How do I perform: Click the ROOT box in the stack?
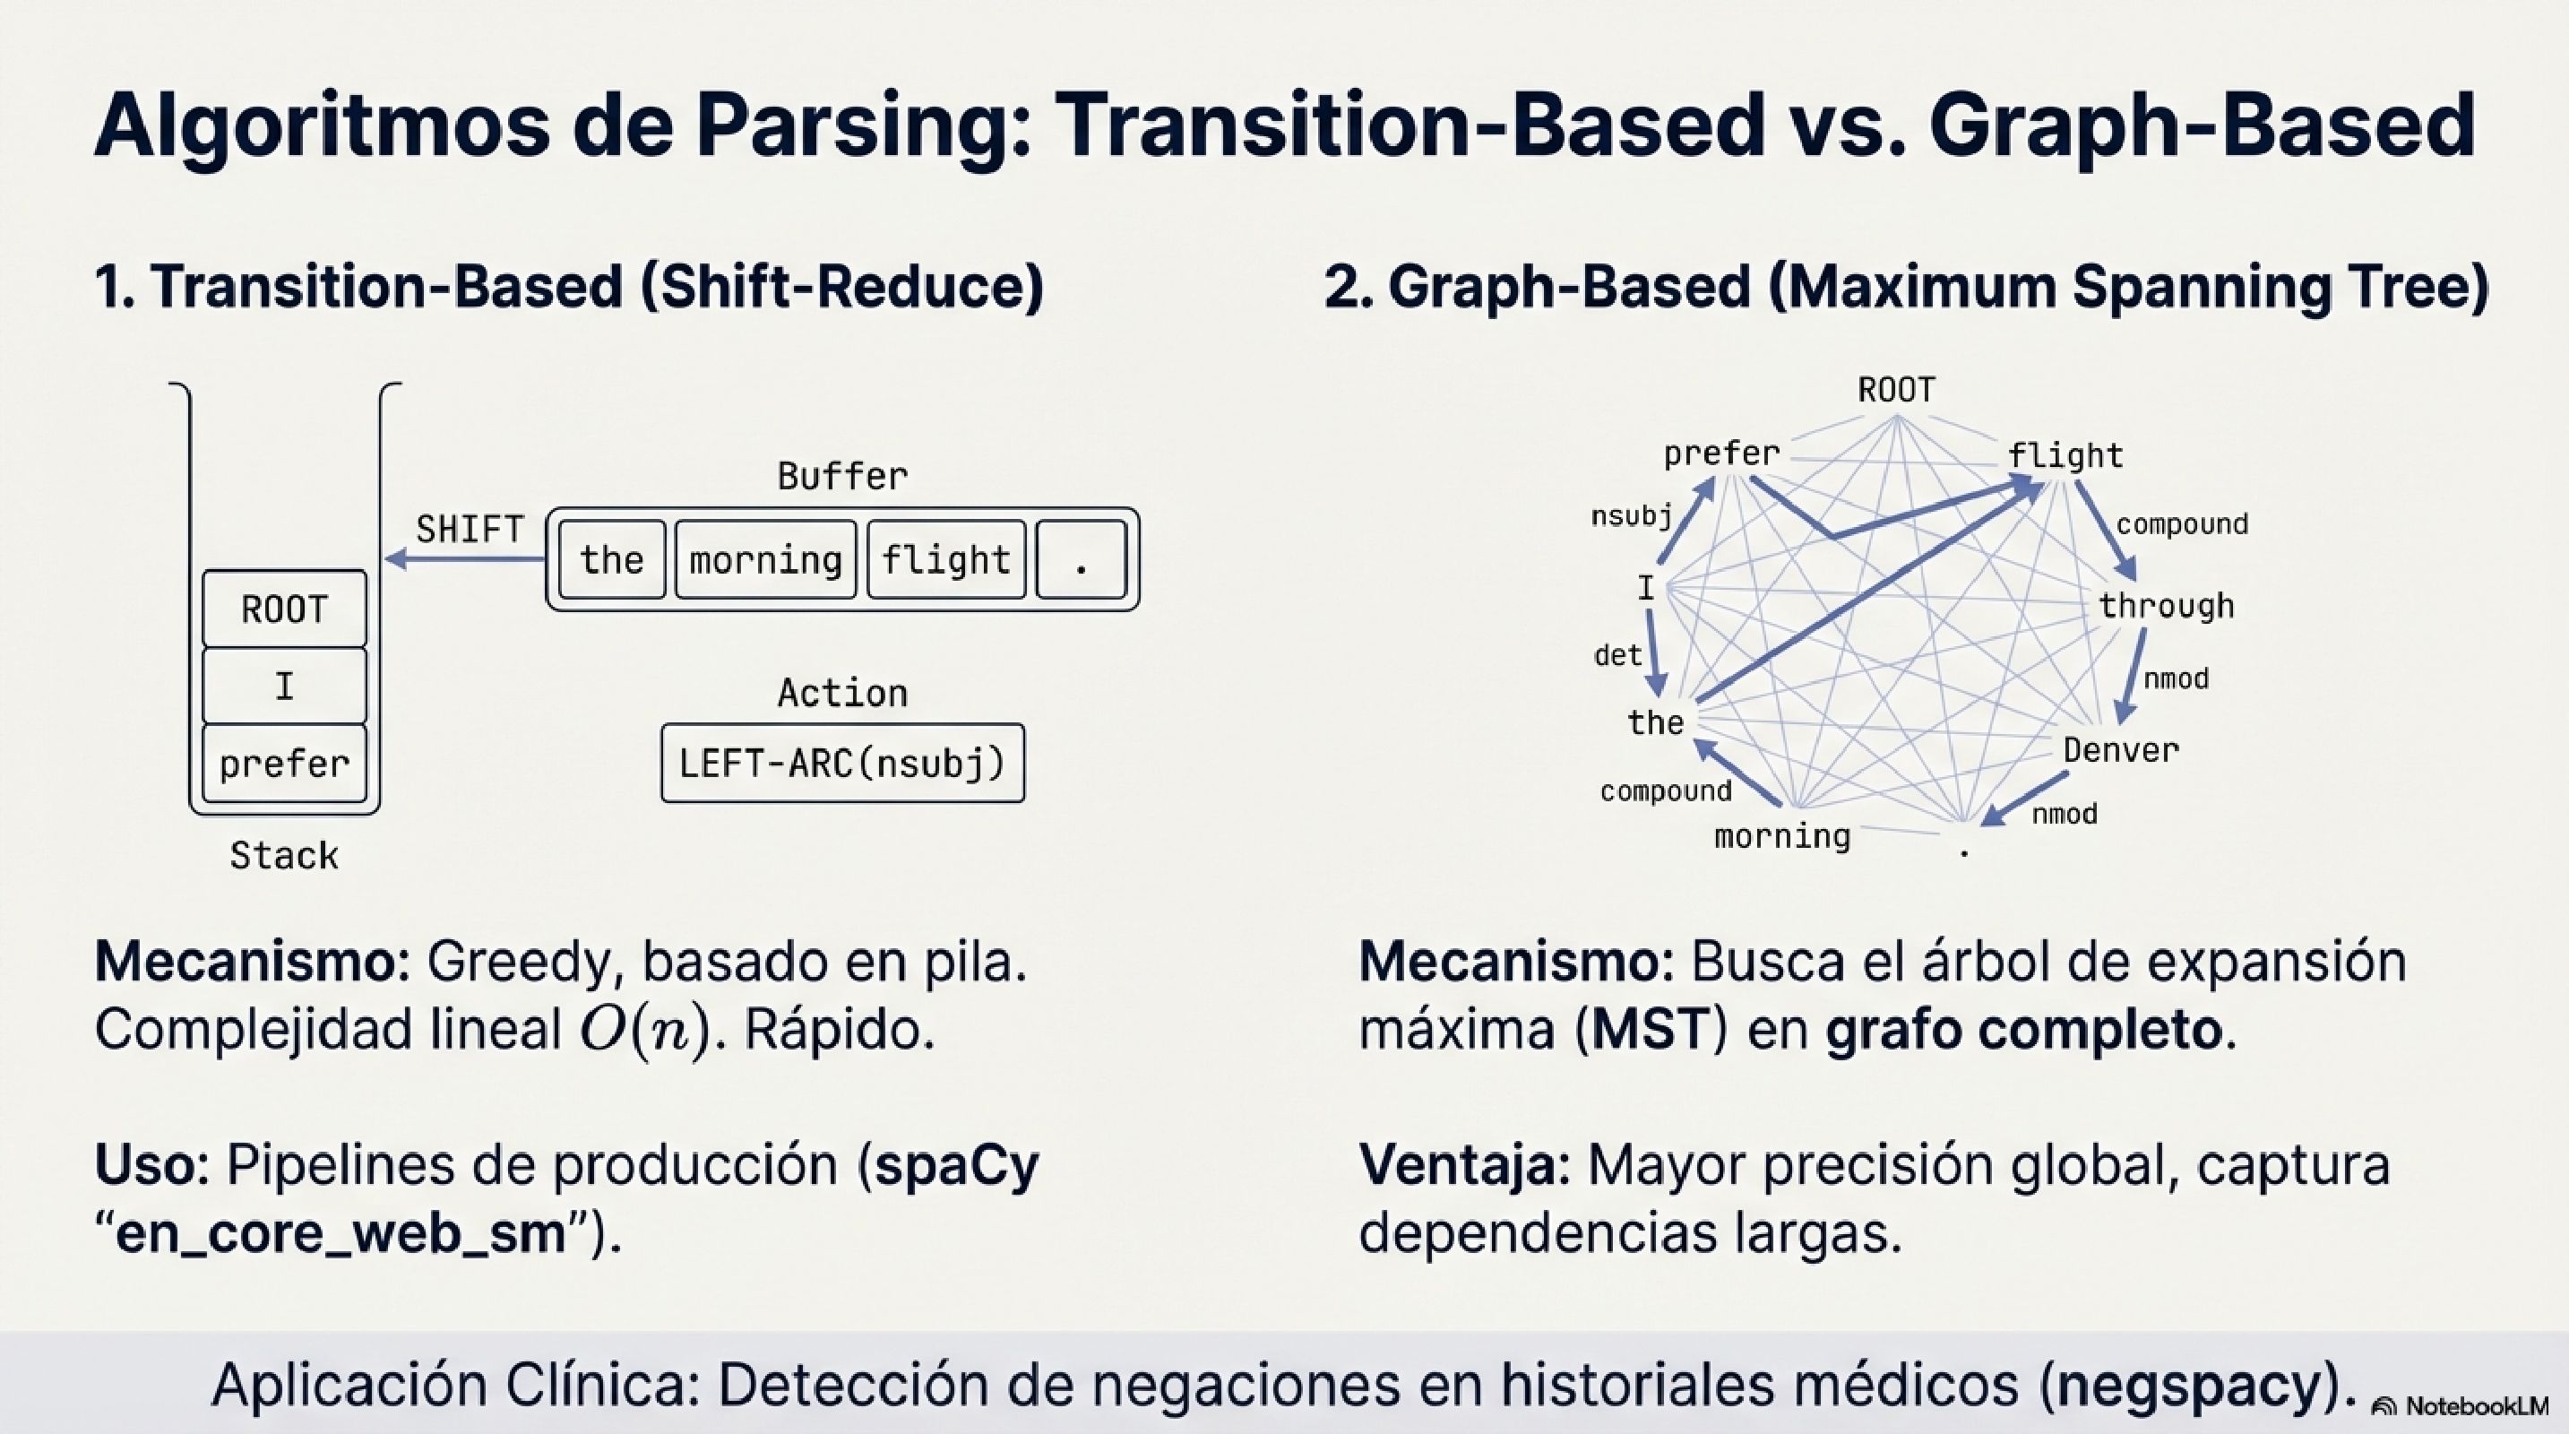pos(284,609)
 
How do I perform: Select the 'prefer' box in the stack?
pos(284,764)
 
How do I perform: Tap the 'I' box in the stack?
pos(284,687)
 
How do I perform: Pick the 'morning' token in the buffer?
pos(765,559)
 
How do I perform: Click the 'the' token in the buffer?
pos(611,559)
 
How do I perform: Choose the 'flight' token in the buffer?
pos(945,559)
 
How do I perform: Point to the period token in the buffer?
pos(1081,559)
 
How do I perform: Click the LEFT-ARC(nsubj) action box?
pos(841,764)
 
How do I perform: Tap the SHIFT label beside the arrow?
pos(470,529)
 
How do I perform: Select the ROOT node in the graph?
pos(1896,389)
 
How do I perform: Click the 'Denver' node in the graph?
pos(2120,750)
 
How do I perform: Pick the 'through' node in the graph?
pos(2165,605)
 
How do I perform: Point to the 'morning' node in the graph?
pos(1782,835)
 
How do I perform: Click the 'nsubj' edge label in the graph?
pos(1631,515)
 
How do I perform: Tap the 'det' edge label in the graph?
pos(1616,655)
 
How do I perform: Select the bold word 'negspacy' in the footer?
pos(2189,1384)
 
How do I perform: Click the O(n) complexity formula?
pos(645,1030)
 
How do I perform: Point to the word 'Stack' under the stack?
pos(284,856)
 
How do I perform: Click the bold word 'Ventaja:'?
pos(1464,1165)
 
